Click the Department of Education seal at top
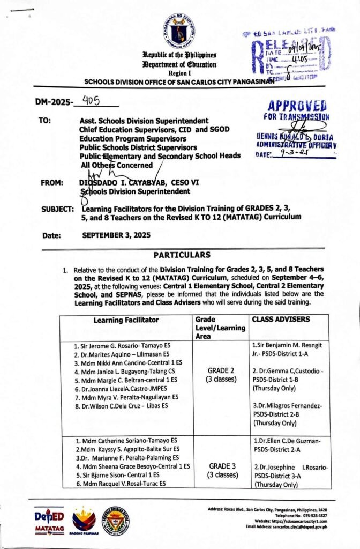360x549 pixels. coord(179,30)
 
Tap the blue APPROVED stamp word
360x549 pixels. coord(297,105)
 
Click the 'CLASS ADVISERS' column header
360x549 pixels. coord(273,320)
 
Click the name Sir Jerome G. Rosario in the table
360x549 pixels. coord(123,346)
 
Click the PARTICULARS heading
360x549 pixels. coord(182,255)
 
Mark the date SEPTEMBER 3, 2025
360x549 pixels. coord(116,235)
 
